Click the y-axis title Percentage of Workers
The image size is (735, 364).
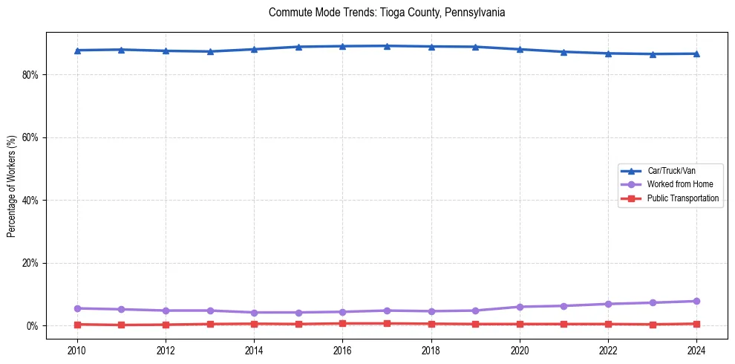click(x=11, y=186)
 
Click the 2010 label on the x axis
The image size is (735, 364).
click(x=77, y=349)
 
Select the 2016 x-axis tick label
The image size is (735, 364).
click(x=342, y=349)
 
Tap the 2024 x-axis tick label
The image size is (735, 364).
click(x=696, y=349)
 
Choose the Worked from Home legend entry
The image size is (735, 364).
click(x=676, y=184)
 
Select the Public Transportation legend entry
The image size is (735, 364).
click(x=682, y=198)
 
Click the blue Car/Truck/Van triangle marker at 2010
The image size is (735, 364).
click(x=77, y=51)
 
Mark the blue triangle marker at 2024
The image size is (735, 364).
click(x=696, y=53)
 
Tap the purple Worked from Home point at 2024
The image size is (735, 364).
click(x=696, y=301)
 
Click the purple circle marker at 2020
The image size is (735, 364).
click(x=520, y=307)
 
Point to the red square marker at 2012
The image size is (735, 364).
click(x=166, y=325)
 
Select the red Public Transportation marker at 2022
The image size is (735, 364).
click(x=608, y=324)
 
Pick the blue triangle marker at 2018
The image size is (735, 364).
click(x=431, y=47)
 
